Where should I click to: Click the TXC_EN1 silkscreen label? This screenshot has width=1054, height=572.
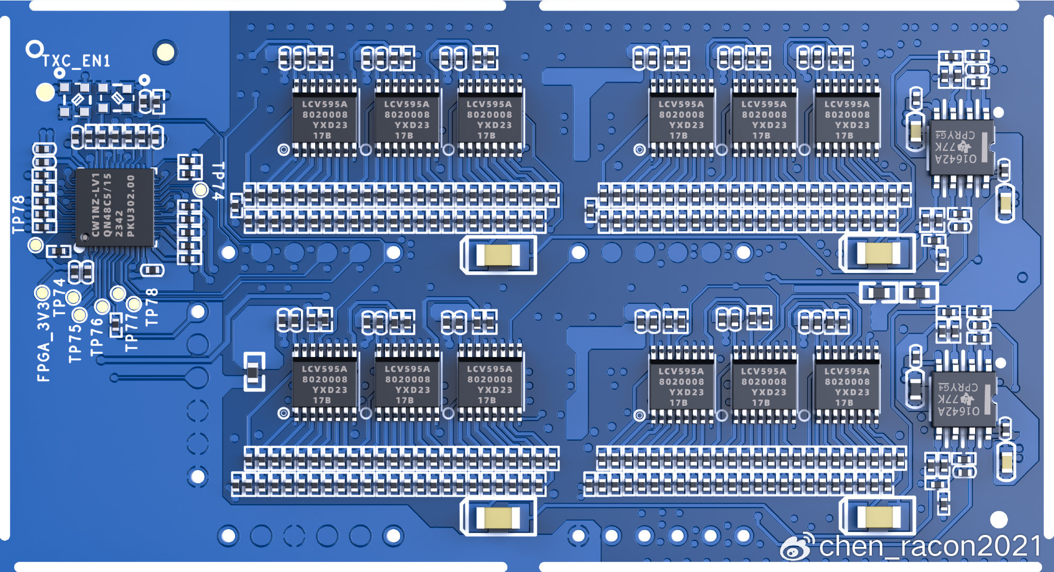pos(77,61)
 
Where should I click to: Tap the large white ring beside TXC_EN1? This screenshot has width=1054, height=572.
pos(34,50)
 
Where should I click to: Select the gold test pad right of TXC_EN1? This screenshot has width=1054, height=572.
pos(165,52)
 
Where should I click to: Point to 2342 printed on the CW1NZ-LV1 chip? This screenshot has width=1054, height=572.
pos(119,223)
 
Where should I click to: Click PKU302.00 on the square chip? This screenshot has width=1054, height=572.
pos(130,206)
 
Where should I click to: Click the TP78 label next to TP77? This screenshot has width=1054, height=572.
pos(151,307)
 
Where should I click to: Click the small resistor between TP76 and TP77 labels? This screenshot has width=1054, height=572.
pos(115,325)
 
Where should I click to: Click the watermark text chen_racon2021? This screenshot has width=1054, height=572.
pos(930,547)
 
